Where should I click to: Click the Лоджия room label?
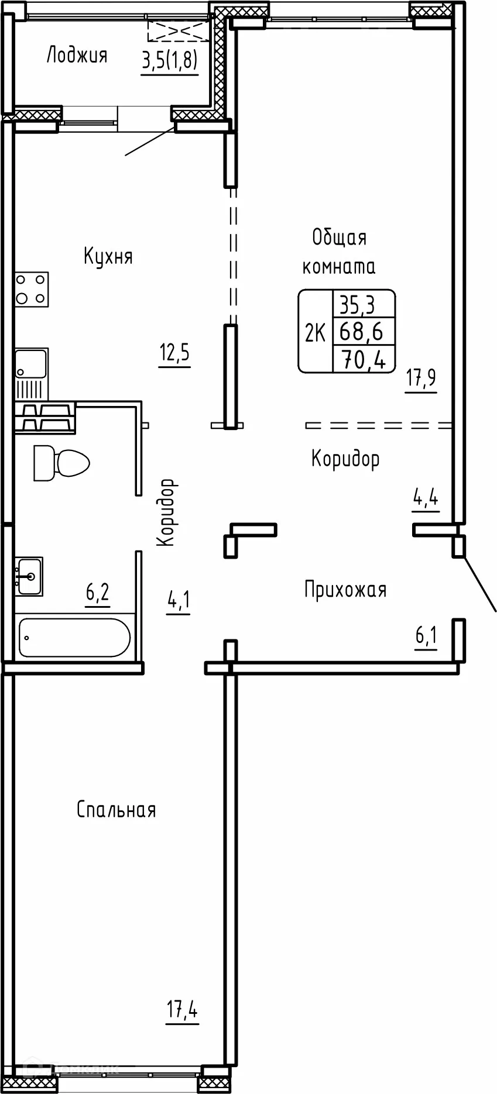tap(77, 56)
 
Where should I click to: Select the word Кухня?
tap(108, 256)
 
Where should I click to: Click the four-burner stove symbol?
tap(32, 290)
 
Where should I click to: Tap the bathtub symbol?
tap(74, 637)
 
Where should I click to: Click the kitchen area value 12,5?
tap(174, 354)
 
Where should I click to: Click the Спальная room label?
tap(116, 810)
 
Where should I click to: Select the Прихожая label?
tap(345, 589)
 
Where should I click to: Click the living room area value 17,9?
tap(421, 379)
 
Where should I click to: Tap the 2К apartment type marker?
tap(315, 332)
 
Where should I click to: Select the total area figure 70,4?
tap(363, 359)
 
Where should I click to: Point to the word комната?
tap(338, 267)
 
